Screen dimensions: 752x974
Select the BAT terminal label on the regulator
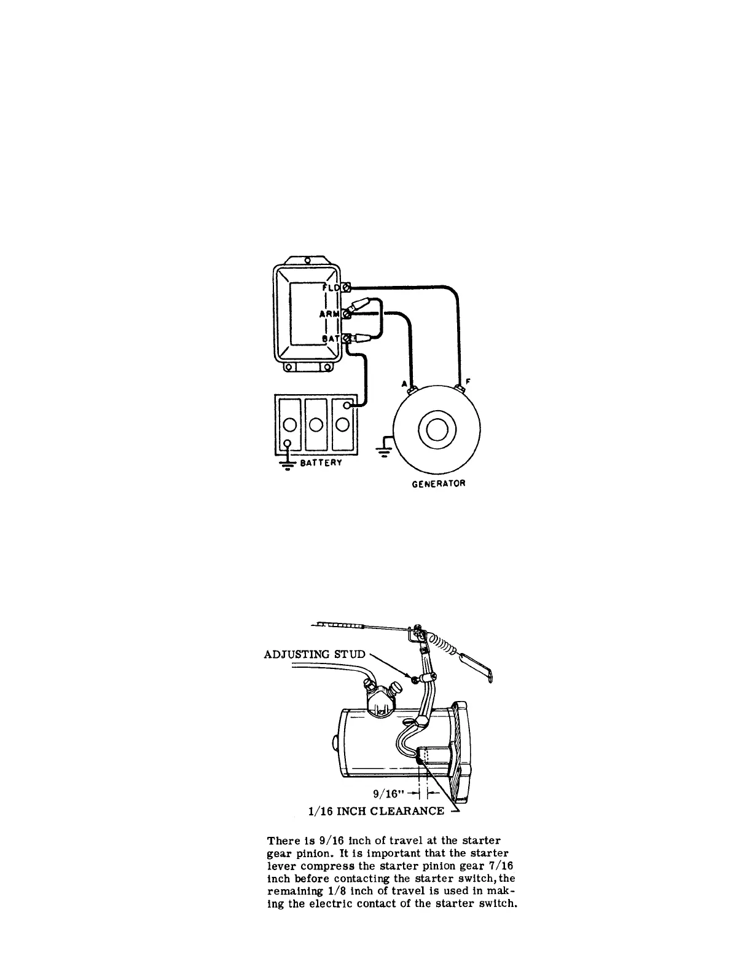(x=332, y=338)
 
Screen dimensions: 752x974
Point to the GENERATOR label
(x=439, y=483)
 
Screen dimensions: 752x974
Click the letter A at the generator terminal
(x=404, y=384)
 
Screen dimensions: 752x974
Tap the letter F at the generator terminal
(x=469, y=381)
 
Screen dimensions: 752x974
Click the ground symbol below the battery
(x=286, y=462)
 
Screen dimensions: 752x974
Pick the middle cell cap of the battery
(x=316, y=424)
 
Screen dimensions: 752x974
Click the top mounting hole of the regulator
(x=306, y=259)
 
